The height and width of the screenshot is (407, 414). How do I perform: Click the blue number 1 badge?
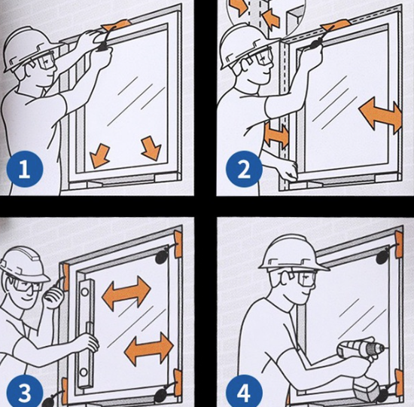point(24,169)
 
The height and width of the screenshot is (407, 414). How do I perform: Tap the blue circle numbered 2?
point(244,169)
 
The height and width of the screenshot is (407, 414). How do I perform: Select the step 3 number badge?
point(24,392)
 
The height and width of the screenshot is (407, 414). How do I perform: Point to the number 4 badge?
point(244,392)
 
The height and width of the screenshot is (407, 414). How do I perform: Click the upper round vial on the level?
point(85,292)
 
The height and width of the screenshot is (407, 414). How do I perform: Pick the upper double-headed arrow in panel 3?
point(126,292)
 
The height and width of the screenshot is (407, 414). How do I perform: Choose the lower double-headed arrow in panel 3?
point(148,349)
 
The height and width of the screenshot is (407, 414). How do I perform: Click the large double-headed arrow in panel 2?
point(381,115)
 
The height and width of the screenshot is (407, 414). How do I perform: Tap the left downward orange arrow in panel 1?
point(99,156)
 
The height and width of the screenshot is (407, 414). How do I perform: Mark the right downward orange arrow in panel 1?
point(151,148)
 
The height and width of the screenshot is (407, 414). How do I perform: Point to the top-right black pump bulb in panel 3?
point(162,256)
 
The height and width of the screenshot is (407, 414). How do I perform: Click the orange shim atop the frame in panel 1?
point(115,26)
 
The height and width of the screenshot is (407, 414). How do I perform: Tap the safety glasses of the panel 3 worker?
point(26,286)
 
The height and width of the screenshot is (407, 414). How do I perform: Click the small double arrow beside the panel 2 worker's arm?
point(276,136)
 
